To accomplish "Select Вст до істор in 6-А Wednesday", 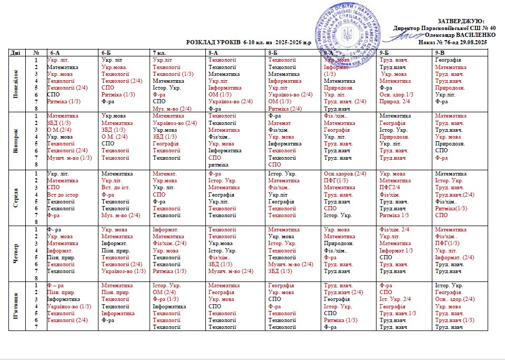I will point(63,195).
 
